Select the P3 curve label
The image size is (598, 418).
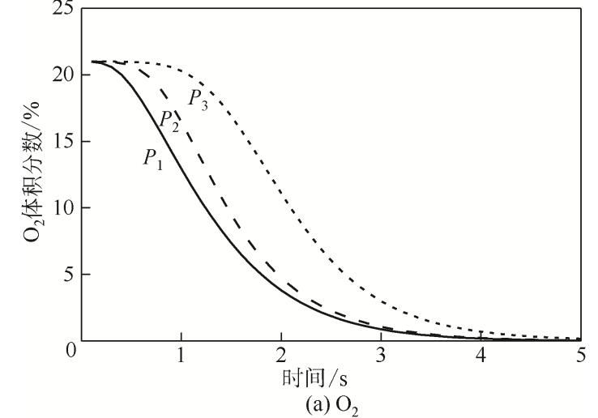[199, 99]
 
